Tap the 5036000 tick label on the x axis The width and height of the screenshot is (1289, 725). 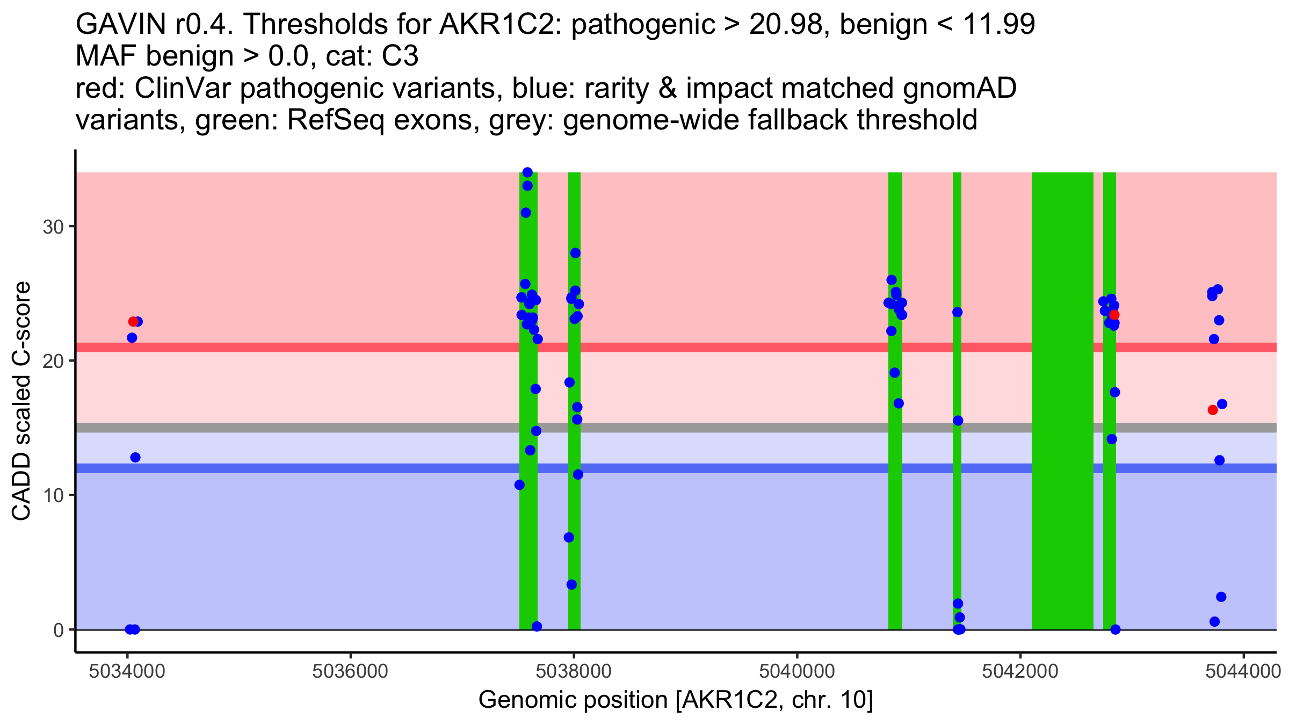351,671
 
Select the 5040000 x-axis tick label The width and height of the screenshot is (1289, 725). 796,671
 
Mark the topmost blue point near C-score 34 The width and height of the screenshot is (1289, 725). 527,172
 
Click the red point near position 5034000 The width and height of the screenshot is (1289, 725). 133,322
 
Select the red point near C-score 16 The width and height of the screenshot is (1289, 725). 1213,410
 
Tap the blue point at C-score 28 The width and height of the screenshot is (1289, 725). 575,253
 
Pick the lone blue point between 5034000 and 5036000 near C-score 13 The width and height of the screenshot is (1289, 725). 135,458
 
